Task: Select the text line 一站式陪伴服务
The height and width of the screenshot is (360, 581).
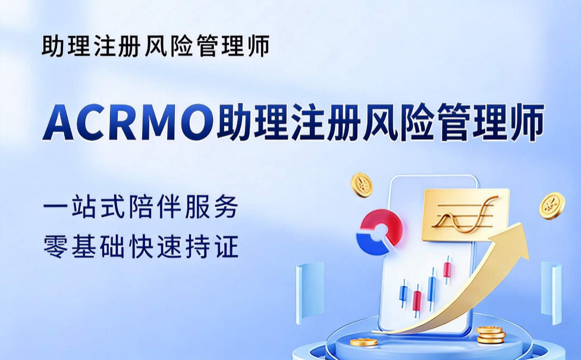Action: coord(141,208)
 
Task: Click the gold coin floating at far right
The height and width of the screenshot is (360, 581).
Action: coord(552,205)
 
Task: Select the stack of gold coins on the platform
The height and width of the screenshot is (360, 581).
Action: coord(490,334)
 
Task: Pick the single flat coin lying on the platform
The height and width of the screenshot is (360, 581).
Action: coord(364,342)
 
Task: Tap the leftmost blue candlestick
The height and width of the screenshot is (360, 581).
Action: coord(403,293)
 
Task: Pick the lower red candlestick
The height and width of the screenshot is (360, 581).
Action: coord(417,301)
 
